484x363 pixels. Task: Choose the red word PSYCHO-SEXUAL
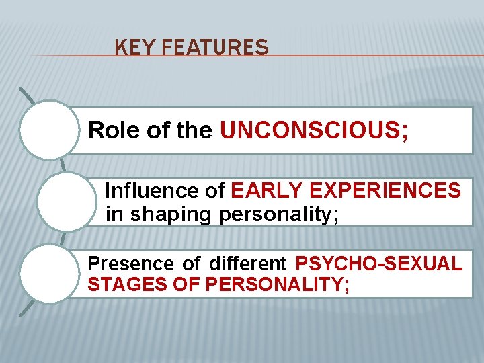378,263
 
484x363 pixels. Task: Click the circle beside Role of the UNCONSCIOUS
49,130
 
